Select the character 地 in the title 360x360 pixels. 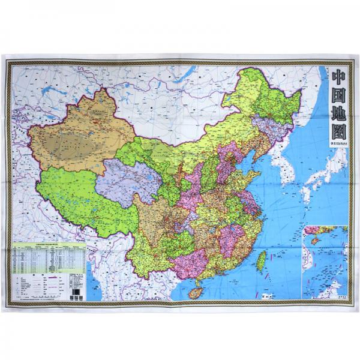click(338, 114)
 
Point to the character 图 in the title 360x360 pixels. click(338, 131)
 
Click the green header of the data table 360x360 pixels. click(45, 245)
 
